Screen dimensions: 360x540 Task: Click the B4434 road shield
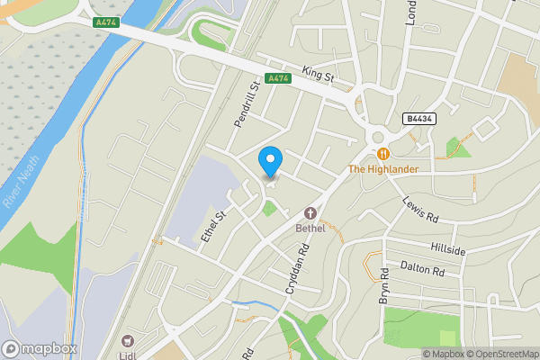(418, 119)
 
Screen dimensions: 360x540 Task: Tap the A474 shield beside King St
(278, 78)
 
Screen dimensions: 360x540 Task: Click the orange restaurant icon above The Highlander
(382, 154)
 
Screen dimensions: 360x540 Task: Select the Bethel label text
(310, 228)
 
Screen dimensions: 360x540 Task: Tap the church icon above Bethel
(310, 213)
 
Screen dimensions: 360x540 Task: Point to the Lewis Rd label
(419, 210)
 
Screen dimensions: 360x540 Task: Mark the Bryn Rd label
(383, 285)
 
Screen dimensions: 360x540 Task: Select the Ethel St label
(212, 225)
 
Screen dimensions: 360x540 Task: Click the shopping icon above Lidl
(127, 341)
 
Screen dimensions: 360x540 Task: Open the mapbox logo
(40, 348)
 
